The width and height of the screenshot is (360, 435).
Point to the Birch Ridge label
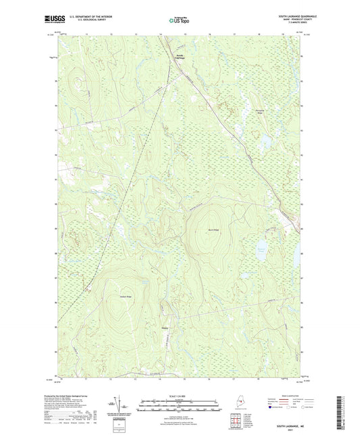click(212, 230)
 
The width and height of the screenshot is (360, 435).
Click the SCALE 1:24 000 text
click(179, 394)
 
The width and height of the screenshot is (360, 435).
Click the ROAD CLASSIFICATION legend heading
click(292, 394)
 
